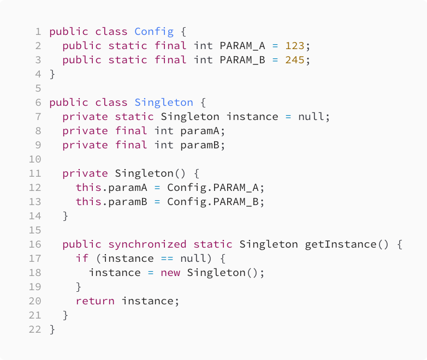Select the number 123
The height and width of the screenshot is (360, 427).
point(295,45)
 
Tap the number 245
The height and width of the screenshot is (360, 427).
point(295,59)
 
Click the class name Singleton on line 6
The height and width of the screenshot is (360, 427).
point(164,102)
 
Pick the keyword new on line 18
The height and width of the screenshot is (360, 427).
point(170,272)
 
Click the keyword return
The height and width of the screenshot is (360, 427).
point(95,301)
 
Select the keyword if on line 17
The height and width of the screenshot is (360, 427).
point(82,258)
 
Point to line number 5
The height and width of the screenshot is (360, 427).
point(38,88)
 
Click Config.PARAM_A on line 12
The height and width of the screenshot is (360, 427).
point(216,187)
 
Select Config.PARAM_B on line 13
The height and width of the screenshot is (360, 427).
point(216,201)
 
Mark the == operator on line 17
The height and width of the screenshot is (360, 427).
point(167,258)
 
